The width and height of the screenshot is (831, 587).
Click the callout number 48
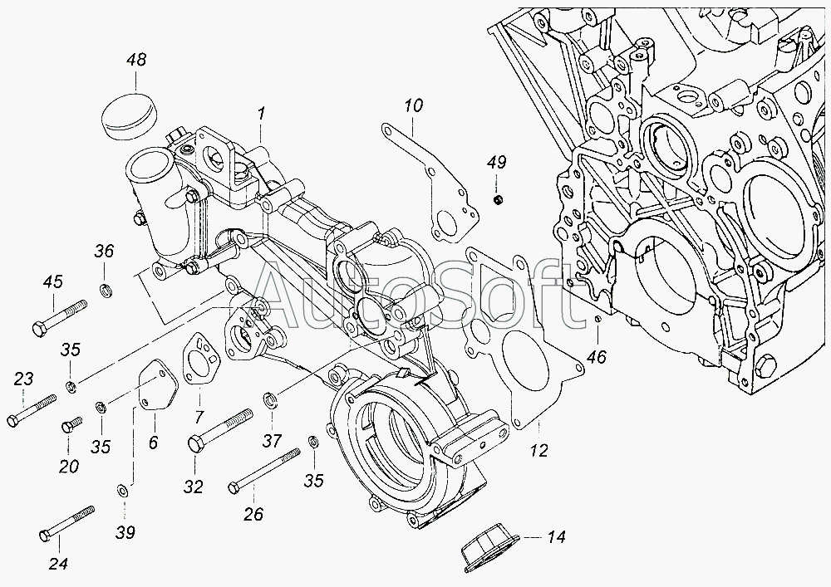tap(136, 60)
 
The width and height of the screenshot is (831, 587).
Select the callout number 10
tap(414, 105)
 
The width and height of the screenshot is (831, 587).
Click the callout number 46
tap(595, 357)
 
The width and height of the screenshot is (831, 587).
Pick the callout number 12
tap(539, 451)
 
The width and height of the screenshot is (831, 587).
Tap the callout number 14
tap(555, 537)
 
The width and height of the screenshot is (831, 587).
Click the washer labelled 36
tap(106, 290)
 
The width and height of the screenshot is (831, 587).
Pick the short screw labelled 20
tap(69, 425)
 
